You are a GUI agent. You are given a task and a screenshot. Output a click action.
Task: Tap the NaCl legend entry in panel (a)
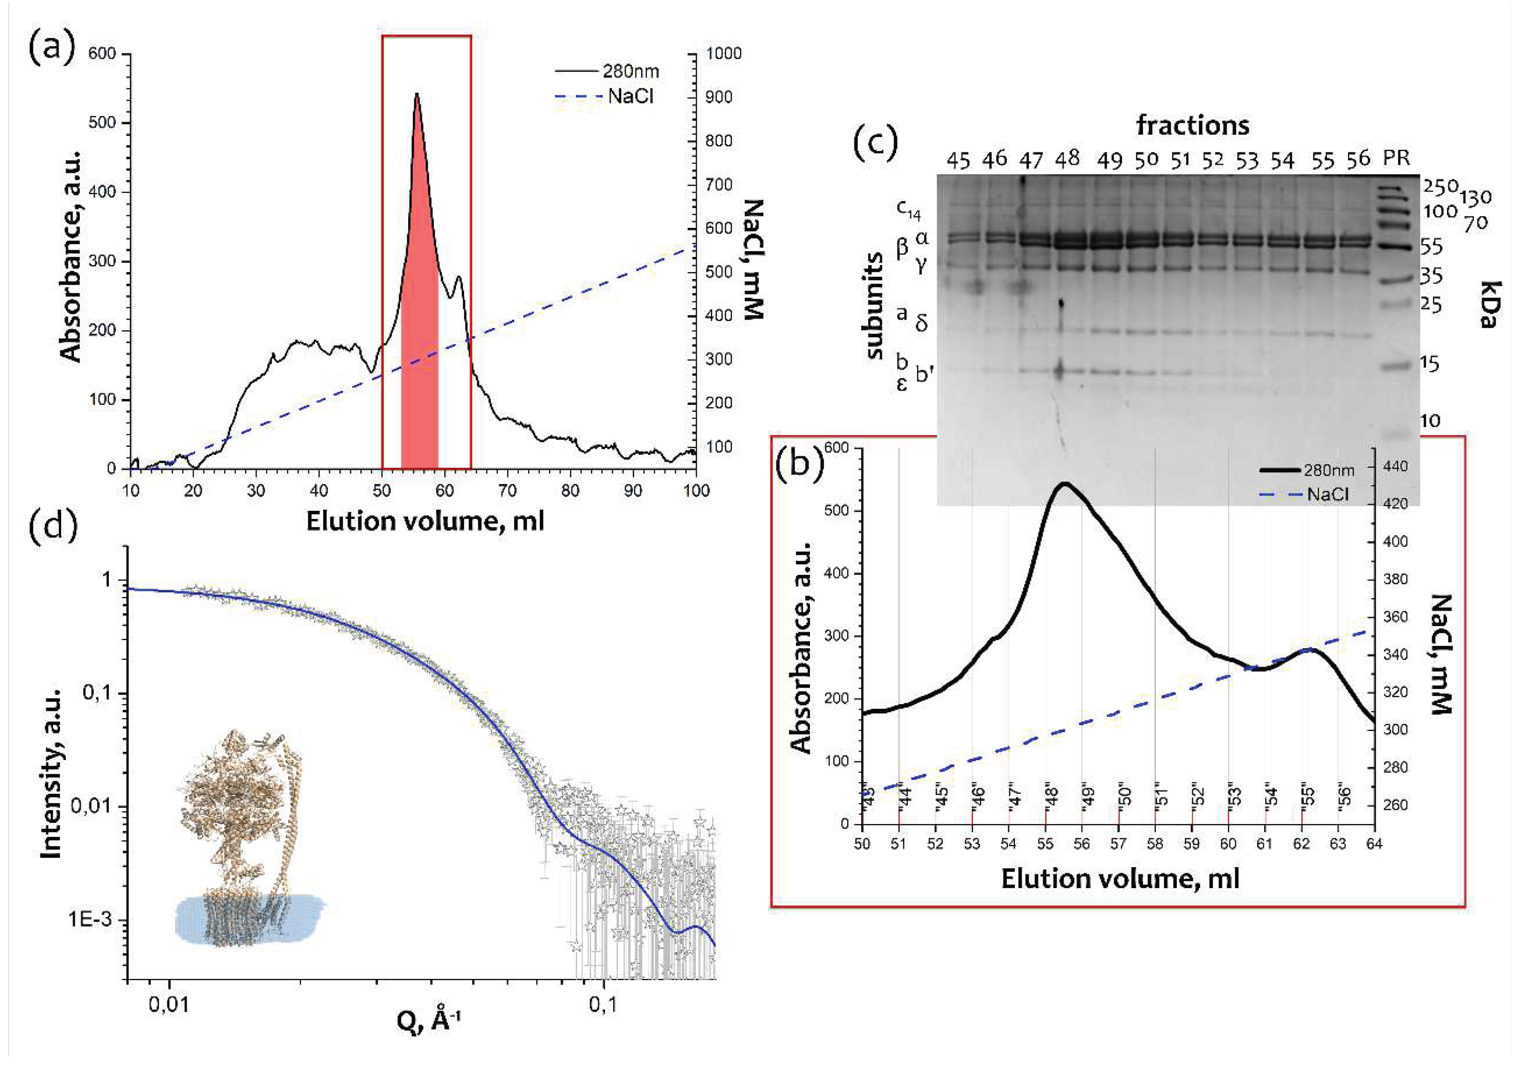(x=630, y=97)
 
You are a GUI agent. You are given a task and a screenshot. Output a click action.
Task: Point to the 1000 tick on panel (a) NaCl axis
(x=723, y=54)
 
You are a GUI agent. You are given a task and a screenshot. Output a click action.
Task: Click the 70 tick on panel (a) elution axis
(x=507, y=491)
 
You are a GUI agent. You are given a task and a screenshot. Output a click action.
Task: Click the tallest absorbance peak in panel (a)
(x=417, y=95)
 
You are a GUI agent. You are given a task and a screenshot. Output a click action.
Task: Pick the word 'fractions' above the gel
(x=1193, y=125)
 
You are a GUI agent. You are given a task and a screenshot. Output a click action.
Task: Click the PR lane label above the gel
(x=1396, y=158)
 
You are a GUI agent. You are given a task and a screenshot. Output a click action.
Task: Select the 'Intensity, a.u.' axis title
(x=52, y=773)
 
